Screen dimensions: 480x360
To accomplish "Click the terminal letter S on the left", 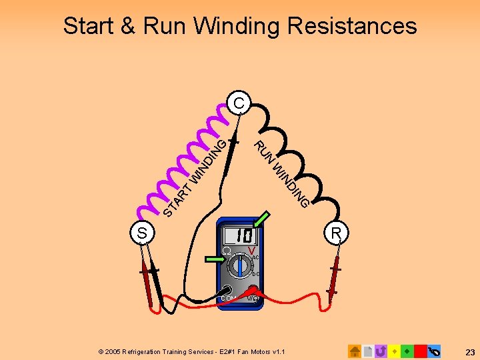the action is pos(142,233).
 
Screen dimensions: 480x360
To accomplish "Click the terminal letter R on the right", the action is pos(337,233).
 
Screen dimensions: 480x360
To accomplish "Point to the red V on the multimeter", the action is pos(251,251).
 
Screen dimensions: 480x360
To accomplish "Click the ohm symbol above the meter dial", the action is pos(227,251).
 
